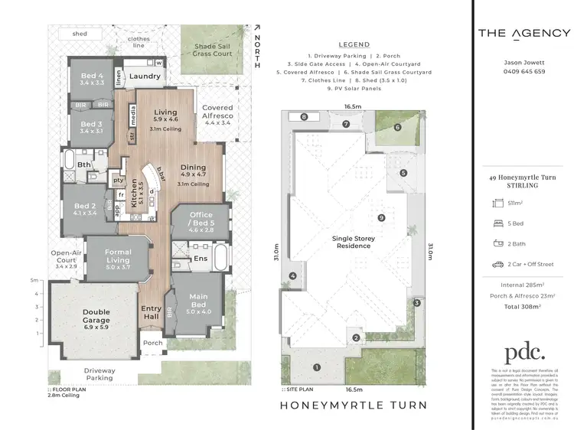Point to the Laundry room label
pyautogui.click(x=145, y=77)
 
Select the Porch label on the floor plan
pyautogui.click(x=153, y=343)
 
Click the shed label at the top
pyautogui.click(x=80, y=34)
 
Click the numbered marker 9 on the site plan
pyautogui.click(x=380, y=218)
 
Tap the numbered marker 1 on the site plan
pyautogui.click(x=315, y=366)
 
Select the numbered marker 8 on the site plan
pyautogui.click(x=304, y=117)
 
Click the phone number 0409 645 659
pyautogui.click(x=523, y=71)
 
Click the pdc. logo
pyautogui.click(x=523, y=353)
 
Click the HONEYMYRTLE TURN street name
pyautogui.click(x=354, y=405)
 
